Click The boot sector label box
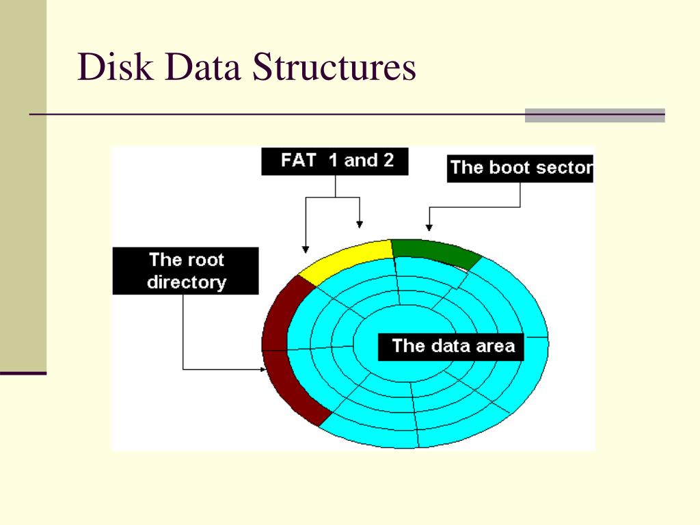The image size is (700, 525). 520,168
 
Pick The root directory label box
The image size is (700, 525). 186,271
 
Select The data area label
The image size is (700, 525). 453,346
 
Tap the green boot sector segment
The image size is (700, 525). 435,251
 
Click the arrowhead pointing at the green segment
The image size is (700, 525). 429,226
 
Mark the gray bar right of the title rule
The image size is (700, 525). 595,116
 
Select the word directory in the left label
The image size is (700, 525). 186,282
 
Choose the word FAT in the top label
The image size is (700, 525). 299,161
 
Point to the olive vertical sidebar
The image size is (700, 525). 23,185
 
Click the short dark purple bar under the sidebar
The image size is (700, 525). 23,373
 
